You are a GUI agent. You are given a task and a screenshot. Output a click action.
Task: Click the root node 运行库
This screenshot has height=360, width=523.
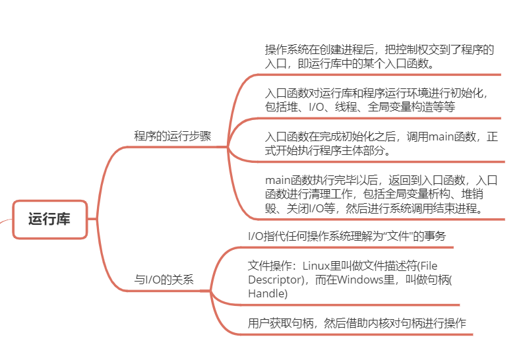point(49,220)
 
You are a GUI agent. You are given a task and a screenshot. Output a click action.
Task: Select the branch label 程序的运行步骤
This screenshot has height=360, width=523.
point(172,136)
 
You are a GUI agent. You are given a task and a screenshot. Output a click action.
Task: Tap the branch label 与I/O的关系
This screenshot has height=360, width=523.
point(164,280)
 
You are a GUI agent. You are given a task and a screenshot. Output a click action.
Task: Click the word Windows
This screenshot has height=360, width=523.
point(365,280)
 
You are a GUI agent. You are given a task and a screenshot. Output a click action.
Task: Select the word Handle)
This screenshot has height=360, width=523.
point(268,293)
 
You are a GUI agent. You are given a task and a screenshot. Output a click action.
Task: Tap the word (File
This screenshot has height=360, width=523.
point(427,266)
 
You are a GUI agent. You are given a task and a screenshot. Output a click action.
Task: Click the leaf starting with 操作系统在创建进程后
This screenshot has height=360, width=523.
point(379,56)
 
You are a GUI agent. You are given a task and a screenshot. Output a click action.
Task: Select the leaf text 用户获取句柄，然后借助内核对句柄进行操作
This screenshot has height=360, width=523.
point(357,323)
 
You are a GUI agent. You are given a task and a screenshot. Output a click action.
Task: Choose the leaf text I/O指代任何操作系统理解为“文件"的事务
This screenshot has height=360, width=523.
point(347,236)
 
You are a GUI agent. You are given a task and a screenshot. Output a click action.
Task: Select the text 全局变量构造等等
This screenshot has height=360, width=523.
point(412,107)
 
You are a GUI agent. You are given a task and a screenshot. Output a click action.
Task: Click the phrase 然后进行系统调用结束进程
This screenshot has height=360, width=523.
point(415,208)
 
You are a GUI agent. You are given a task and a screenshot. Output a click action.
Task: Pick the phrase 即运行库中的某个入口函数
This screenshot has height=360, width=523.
point(366,63)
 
